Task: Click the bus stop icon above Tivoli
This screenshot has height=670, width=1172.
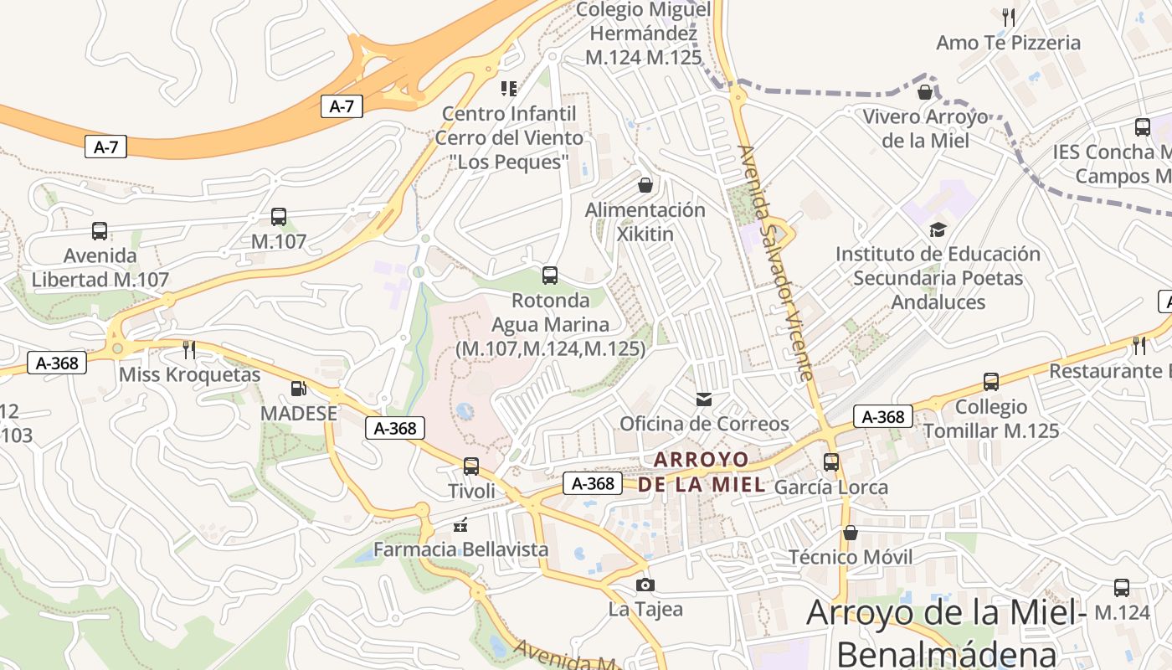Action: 471,466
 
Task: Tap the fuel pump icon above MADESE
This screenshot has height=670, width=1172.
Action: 298,389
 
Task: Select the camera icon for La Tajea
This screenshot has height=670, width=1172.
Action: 645,585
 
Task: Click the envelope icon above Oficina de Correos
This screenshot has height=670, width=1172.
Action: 704,399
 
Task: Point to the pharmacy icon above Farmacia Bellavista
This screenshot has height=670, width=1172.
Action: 460,525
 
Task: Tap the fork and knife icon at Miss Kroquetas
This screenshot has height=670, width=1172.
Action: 189,349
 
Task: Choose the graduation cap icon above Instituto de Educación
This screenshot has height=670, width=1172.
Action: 938,229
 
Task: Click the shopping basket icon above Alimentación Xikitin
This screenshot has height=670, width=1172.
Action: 645,184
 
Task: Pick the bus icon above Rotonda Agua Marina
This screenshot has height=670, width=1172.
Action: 550,275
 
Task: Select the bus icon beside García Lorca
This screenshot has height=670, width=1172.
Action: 831,461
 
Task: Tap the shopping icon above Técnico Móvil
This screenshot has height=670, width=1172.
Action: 850,533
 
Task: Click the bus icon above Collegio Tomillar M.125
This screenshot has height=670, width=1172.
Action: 991,382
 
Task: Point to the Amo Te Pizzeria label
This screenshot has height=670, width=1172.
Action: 1008,43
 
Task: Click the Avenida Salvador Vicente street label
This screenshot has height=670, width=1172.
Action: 776,262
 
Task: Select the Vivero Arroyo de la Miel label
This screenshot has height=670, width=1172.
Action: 925,128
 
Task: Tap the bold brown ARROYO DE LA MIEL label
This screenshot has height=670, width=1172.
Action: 702,472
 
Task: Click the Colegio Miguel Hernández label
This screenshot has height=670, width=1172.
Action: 644,33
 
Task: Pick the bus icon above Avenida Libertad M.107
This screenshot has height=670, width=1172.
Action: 100,231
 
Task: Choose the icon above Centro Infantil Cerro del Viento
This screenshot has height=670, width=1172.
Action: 508,88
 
